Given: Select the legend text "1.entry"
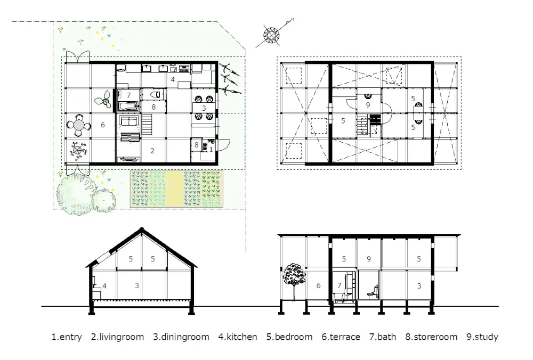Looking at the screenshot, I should click(67, 337).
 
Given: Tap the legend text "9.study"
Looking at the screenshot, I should click(482, 337).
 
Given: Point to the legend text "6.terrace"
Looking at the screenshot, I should click(341, 337).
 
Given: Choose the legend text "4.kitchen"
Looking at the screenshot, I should click(238, 337).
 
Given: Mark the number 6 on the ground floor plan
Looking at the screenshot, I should click(102, 126).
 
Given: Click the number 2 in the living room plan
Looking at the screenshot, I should click(152, 151).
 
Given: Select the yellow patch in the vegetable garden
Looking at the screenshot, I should click(175, 189).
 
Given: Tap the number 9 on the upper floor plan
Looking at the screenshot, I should click(367, 105).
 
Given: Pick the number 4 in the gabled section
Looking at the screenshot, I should click(104, 286).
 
